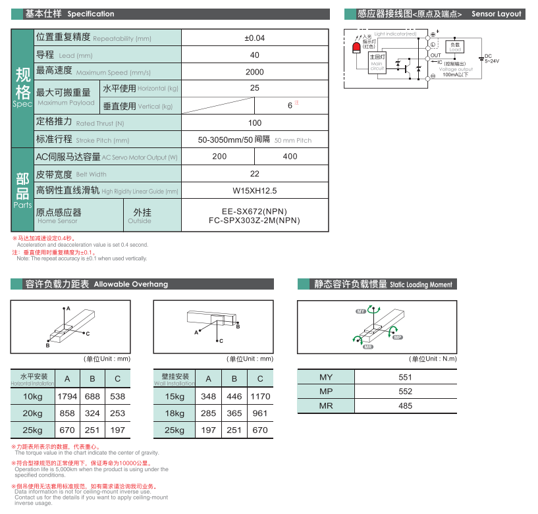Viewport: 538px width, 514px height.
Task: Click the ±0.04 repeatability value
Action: point(255,38)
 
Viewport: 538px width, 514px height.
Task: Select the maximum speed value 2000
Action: point(255,72)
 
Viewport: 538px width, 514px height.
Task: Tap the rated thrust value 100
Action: point(255,122)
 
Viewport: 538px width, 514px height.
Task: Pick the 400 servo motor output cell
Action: point(290,156)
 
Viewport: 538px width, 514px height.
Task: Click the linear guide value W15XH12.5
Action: point(255,191)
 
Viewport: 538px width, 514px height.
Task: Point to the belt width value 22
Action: point(255,174)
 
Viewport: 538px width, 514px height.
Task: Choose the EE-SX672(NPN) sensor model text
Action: point(254,211)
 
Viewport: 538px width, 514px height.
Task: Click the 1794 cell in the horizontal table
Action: point(67,396)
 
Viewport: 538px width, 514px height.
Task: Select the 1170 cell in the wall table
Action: point(260,396)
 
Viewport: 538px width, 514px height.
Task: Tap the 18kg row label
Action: point(175,413)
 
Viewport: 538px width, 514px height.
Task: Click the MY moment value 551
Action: point(405,377)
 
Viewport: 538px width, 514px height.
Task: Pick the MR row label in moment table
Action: point(326,406)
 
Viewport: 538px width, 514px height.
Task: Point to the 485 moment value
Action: point(405,406)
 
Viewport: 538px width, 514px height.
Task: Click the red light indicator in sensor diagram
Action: point(356,48)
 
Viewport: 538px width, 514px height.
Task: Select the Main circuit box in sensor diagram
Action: point(377,62)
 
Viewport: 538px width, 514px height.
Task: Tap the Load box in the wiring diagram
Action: point(455,47)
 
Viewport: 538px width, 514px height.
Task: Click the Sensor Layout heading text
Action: point(496,14)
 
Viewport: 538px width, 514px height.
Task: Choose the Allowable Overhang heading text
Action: point(131,284)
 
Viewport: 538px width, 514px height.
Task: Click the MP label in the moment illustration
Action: point(398,336)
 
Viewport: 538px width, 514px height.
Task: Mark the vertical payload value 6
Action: point(290,105)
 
